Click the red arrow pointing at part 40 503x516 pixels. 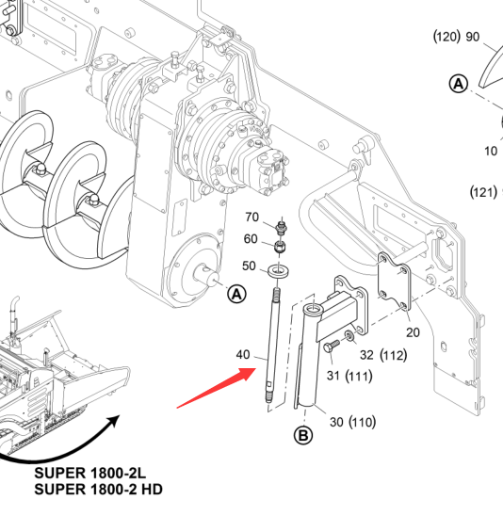click(217, 388)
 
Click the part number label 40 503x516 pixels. click(243, 355)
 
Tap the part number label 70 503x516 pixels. click(251, 218)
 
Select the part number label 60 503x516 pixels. click(251, 239)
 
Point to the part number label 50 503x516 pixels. click(249, 266)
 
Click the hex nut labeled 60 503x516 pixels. click(280, 246)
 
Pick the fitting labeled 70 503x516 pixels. click(282, 227)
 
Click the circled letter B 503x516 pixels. click(303, 435)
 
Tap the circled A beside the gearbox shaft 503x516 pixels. click(237, 294)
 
